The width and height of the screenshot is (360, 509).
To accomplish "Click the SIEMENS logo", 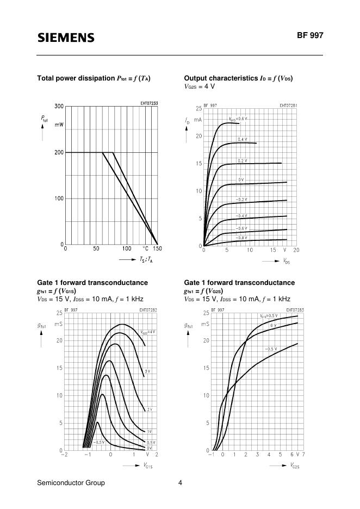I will (66, 38).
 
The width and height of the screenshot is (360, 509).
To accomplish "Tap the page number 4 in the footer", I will (180, 482).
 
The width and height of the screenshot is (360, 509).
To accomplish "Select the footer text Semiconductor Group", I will (71, 482).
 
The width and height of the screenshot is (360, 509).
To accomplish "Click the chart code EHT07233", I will (149, 103).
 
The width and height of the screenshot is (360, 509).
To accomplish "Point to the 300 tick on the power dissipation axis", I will (59, 106).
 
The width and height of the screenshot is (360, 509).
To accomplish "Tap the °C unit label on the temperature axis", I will (146, 249).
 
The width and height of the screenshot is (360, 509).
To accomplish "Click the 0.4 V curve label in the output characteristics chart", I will (243, 140).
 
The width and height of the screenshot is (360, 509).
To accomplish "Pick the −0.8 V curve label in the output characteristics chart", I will (241, 238).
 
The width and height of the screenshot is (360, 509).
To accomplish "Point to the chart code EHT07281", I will (288, 105).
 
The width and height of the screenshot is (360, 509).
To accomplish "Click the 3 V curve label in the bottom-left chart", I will (147, 371).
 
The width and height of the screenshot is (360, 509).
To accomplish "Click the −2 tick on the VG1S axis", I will (64, 454).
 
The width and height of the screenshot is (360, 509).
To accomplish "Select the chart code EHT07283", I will (294, 310).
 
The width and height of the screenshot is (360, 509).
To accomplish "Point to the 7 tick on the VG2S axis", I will (303, 454).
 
